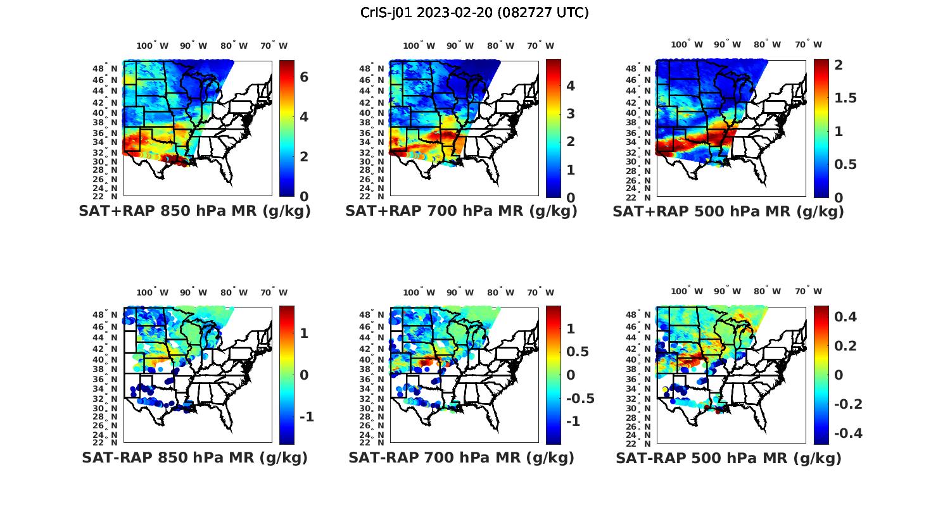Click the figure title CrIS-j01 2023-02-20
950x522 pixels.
(x=474, y=13)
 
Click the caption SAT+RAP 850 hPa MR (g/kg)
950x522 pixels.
(x=194, y=211)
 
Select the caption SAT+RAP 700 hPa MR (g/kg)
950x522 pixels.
(x=461, y=211)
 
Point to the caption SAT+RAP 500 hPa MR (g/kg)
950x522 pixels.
(x=728, y=211)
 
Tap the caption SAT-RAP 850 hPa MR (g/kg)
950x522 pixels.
(x=194, y=457)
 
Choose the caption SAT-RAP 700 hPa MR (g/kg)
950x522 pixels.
(x=461, y=457)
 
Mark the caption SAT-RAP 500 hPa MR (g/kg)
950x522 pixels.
(x=728, y=457)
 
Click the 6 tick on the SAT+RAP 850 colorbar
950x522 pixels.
(x=304, y=77)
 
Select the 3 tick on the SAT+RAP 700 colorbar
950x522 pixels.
(x=570, y=114)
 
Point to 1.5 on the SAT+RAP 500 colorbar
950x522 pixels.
(x=845, y=98)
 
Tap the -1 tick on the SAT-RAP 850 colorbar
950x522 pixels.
(x=307, y=417)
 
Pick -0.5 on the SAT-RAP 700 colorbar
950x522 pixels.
(x=579, y=398)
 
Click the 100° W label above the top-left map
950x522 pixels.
(x=153, y=46)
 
